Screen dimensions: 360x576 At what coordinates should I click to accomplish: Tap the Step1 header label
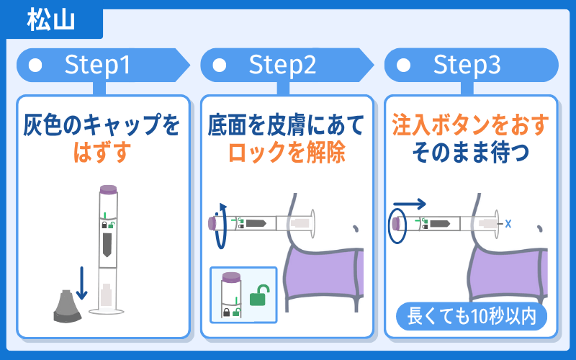pyautogui.click(x=98, y=66)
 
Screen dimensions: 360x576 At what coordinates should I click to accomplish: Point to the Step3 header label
pyautogui.click(x=467, y=66)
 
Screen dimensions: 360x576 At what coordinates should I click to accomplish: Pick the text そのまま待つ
pyautogui.click(x=471, y=153)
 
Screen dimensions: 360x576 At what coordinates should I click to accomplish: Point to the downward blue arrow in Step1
pyautogui.click(x=81, y=283)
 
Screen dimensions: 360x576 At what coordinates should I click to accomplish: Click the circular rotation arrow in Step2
pyautogui.click(x=222, y=225)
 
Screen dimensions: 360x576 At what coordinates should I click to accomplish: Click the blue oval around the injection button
pyautogui.click(x=396, y=224)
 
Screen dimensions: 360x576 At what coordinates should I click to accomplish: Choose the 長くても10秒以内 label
pyautogui.click(x=471, y=315)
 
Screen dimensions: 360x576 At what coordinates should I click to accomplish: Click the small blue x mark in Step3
pyautogui.click(x=508, y=223)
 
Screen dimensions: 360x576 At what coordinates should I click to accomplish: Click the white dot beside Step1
pyautogui.click(x=35, y=66)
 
